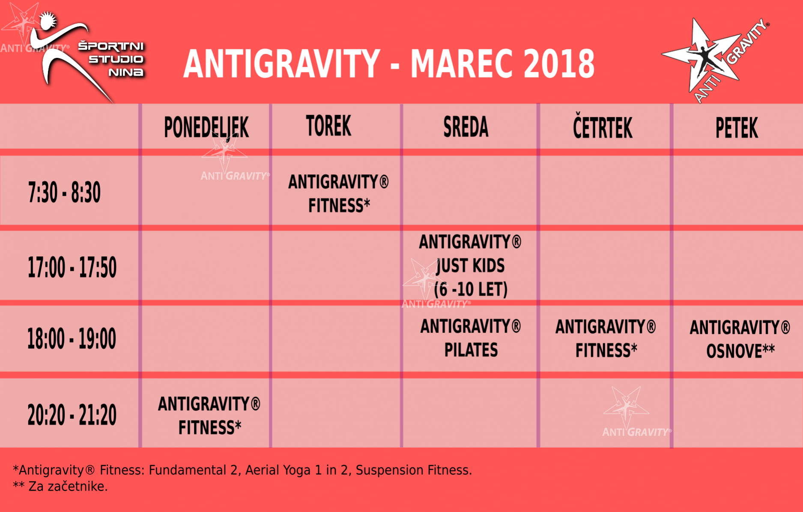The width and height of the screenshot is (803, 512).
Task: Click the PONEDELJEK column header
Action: [206, 127]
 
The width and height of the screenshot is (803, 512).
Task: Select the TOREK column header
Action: [328, 126]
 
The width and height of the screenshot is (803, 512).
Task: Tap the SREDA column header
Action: [466, 127]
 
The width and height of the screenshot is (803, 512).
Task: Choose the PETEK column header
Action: [737, 128]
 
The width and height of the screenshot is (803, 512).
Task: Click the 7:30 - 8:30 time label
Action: [64, 192]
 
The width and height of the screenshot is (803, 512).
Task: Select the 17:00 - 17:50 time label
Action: [72, 267]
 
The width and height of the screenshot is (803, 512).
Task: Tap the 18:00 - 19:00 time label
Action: [72, 338]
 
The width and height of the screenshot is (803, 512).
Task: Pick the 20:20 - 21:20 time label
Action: [72, 415]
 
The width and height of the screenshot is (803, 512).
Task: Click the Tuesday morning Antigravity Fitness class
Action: [338, 194]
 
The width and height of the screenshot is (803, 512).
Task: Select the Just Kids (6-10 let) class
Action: [470, 266]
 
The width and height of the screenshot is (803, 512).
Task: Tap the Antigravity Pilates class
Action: [471, 338]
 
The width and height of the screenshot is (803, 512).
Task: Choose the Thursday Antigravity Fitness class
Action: [606, 338]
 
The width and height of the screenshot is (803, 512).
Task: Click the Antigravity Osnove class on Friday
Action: [740, 339]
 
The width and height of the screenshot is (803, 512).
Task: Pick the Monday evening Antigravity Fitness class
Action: [209, 416]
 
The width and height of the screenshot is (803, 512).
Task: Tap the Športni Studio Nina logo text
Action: [111, 59]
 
